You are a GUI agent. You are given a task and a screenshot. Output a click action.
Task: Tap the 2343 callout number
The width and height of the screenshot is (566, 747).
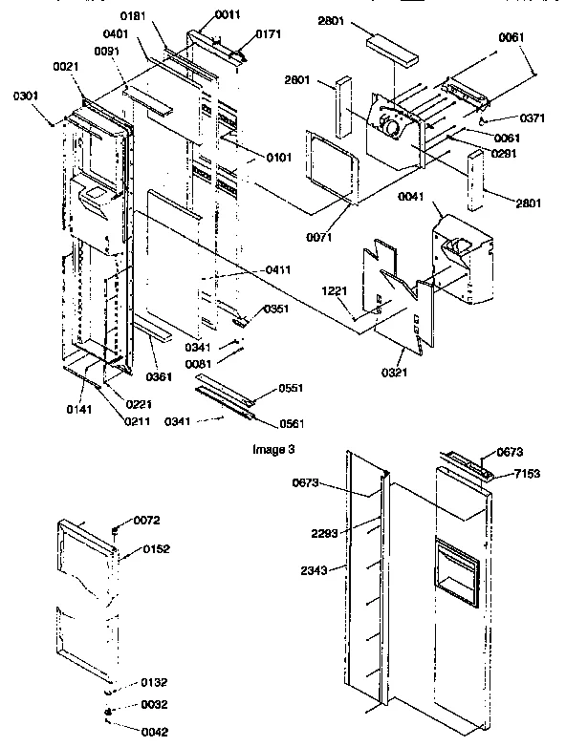pos(312,570)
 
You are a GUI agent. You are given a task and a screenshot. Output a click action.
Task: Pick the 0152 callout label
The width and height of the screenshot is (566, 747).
pos(157,549)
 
